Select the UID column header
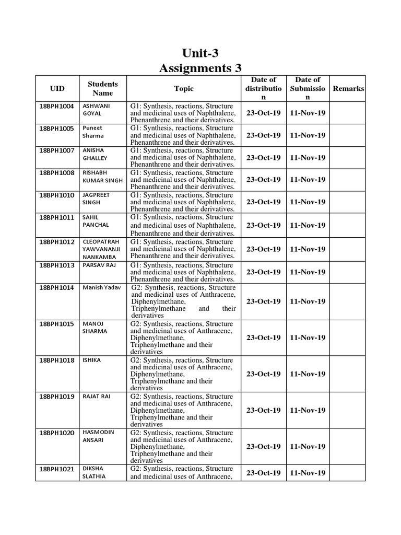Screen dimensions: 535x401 point(57,89)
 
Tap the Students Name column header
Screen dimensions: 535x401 point(102,88)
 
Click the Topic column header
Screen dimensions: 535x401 point(184,89)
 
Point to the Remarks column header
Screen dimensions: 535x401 point(348,89)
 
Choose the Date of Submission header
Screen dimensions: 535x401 point(308,88)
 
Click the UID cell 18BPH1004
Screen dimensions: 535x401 point(57,106)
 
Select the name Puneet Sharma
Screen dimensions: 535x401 point(93,132)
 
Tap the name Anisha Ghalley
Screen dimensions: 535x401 point(93,154)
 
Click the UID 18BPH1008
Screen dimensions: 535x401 point(57,172)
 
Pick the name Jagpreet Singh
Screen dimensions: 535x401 point(95,199)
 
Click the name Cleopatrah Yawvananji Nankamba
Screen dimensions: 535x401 point(101,249)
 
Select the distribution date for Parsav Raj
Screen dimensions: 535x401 point(263,272)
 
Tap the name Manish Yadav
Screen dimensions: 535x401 point(101,288)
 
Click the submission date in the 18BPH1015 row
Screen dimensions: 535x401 point(308,338)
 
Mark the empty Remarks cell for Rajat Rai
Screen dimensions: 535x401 point(348,410)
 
